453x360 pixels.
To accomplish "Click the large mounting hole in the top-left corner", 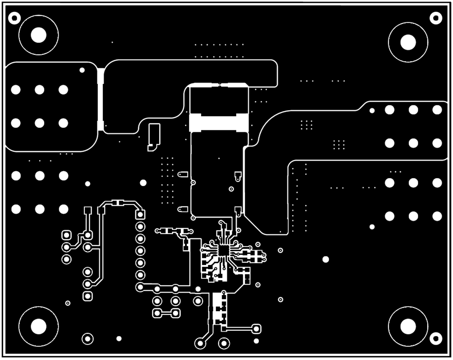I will coord(38,35).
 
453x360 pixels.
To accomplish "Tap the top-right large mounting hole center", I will coord(408,42).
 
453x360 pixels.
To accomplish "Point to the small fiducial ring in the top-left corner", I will coord(15,17).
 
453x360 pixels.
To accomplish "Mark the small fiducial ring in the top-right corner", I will coord(436,17).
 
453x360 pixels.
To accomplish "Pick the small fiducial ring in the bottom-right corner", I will coord(436,338).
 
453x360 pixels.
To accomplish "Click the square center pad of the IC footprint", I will coord(223,250).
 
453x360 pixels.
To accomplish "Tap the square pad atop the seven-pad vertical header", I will coord(141,214).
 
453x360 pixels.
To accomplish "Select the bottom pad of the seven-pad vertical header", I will coord(140,287).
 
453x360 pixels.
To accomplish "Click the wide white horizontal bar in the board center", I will coord(218,123).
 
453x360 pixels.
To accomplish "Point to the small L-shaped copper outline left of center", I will coord(154,137).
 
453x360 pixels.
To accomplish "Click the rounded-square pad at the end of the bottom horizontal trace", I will coord(256,329).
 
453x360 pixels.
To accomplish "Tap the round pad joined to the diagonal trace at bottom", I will coord(200,343).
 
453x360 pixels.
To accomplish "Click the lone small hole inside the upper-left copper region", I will coord(82,70).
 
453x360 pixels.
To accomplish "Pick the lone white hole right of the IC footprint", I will coord(326,259).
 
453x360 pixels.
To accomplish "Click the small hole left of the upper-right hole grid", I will coord(372,111).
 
